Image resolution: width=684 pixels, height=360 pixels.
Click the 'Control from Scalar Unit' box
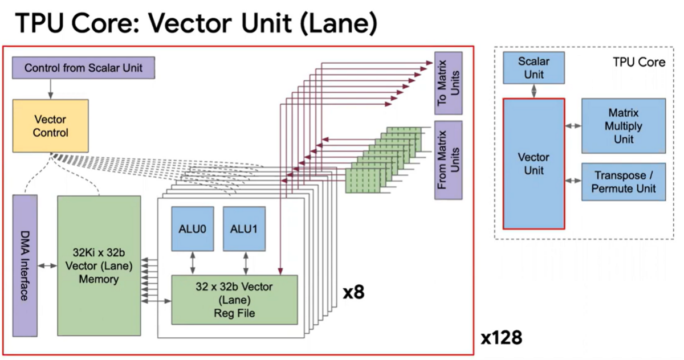[x=83, y=68]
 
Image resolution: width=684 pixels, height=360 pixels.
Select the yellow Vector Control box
[x=51, y=126]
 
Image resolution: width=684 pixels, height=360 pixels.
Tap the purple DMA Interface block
[x=25, y=265]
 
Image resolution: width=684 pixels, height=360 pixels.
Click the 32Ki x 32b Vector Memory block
[x=99, y=265]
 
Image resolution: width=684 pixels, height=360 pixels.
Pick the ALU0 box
[x=193, y=228]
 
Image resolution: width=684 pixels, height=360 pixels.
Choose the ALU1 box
[x=244, y=228]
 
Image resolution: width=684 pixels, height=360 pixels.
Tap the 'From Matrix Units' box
[x=448, y=160]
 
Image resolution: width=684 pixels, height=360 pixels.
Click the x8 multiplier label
[x=353, y=293]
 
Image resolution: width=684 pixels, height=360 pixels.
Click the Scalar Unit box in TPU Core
[x=534, y=68]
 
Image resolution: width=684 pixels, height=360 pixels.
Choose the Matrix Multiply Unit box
[x=623, y=126]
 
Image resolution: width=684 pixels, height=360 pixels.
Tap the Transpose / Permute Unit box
[x=623, y=182]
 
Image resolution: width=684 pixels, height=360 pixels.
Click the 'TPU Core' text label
[x=638, y=62]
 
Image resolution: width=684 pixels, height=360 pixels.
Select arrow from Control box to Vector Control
[x=51, y=88]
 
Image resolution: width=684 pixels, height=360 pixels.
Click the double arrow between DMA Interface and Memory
[x=47, y=265]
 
